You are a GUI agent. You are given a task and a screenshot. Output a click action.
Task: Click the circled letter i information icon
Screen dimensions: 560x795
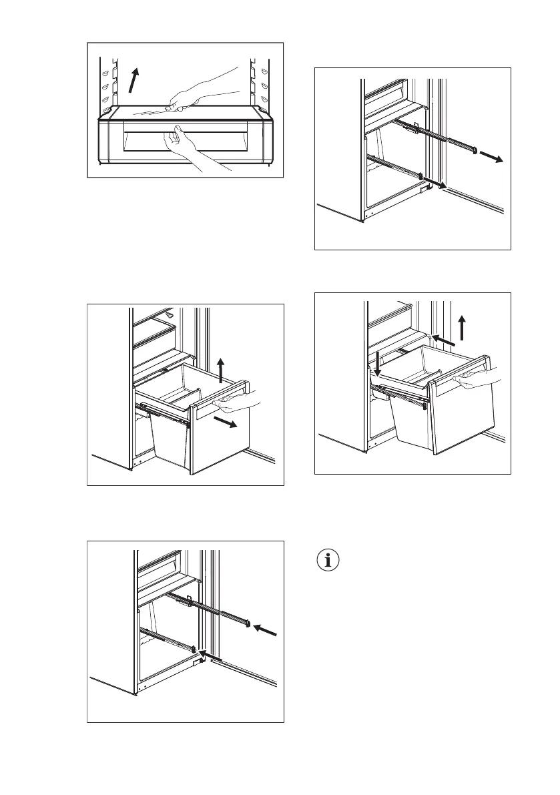[x=327, y=561]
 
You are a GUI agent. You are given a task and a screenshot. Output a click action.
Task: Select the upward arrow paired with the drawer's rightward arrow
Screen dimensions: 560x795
[x=220, y=369]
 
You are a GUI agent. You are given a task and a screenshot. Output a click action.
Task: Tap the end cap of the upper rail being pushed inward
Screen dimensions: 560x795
[x=248, y=624]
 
